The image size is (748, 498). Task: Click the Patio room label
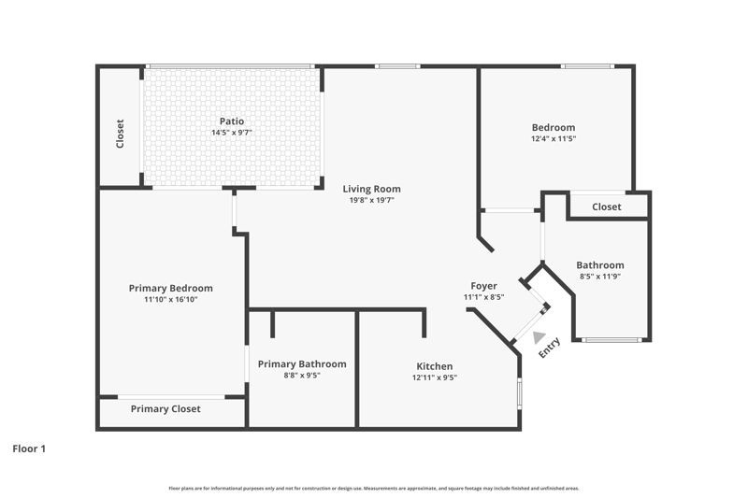tap(232, 121)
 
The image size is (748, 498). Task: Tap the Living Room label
tap(371, 189)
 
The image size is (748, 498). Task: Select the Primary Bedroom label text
tap(171, 289)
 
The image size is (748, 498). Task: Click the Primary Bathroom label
tap(302, 364)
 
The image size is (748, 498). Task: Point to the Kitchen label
tap(435, 366)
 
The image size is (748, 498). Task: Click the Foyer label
tap(483, 286)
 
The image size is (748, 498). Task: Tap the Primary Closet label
tap(165, 409)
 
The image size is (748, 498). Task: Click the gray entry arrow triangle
tap(539, 337)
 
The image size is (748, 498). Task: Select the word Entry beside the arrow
tap(549, 348)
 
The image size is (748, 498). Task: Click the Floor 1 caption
tap(29, 448)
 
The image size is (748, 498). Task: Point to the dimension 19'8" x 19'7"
tap(371, 200)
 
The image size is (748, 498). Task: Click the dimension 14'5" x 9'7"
tap(232, 133)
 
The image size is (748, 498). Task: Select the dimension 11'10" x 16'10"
tap(171, 300)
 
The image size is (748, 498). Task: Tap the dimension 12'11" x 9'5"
tap(435, 377)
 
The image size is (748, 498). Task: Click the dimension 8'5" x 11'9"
tap(600, 277)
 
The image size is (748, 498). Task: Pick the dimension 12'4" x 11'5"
tap(554, 138)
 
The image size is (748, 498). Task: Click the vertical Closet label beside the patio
tap(121, 134)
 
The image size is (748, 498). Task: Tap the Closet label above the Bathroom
tap(607, 206)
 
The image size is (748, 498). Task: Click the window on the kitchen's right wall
tap(520, 393)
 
